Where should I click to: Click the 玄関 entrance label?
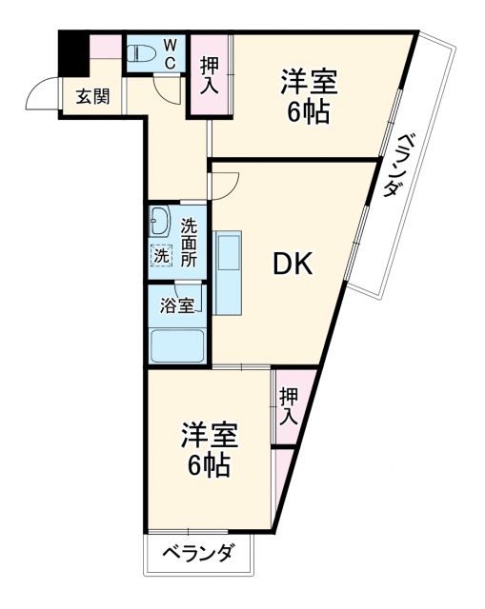(92, 96)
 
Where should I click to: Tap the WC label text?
(169, 53)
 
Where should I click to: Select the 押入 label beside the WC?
(210, 74)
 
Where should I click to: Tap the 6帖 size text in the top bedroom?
(309, 112)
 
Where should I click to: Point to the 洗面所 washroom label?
(189, 242)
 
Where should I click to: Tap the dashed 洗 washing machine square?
(162, 255)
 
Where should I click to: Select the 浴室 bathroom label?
(176, 305)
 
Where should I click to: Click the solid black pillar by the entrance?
(73, 51)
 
